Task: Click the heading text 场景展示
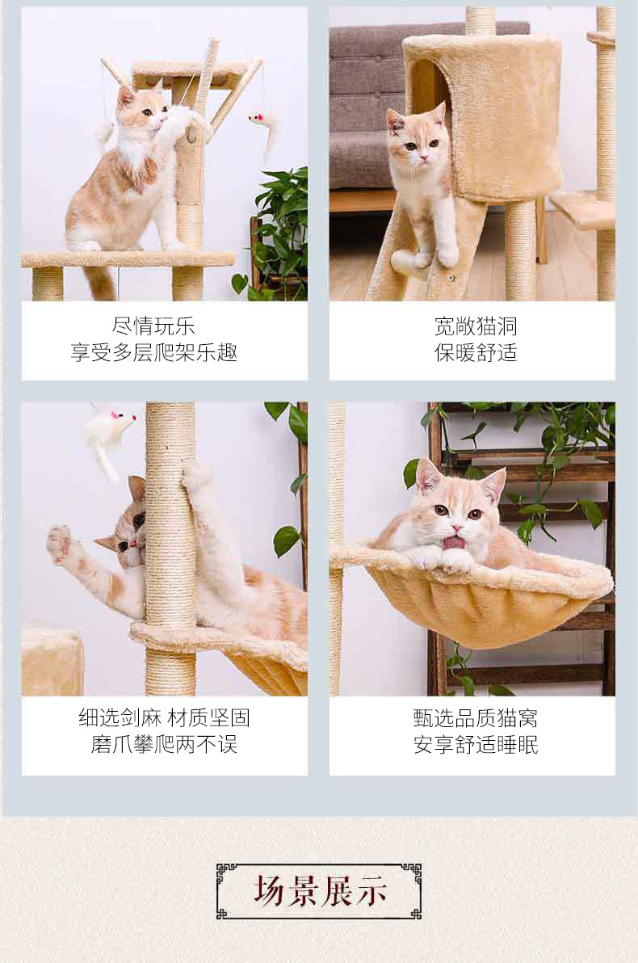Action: [x=319, y=891]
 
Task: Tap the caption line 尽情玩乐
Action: [x=153, y=326]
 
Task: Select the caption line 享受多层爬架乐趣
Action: [x=153, y=352]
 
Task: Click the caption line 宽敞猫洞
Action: [x=476, y=326]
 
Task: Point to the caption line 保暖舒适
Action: [x=476, y=352]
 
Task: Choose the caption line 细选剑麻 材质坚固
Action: [x=164, y=717]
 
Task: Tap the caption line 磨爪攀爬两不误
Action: [x=164, y=744]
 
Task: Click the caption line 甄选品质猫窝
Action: [x=476, y=717]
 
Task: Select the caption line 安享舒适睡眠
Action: [x=476, y=744]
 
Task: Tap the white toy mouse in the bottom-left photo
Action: [x=109, y=435]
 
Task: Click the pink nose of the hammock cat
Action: [x=456, y=528]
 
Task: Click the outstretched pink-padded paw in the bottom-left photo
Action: [x=60, y=541]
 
